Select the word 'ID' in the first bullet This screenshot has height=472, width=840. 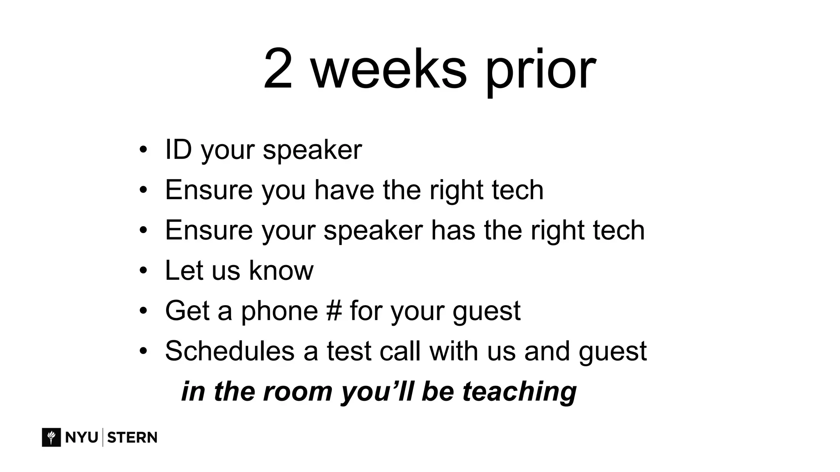(x=178, y=150)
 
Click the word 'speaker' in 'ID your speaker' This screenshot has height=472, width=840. (x=312, y=151)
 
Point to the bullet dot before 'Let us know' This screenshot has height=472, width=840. (x=143, y=270)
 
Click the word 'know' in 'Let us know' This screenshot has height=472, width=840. (x=281, y=270)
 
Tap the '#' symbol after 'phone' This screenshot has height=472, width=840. (x=334, y=311)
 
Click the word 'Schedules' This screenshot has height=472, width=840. (x=230, y=351)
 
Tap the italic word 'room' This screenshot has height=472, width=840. (x=297, y=391)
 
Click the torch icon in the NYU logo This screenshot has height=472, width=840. (x=51, y=437)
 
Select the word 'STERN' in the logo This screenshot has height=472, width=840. (x=132, y=437)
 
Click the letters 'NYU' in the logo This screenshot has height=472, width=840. (x=81, y=437)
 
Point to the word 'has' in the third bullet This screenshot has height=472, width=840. (x=453, y=230)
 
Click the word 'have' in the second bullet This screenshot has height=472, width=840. (x=344, y=190)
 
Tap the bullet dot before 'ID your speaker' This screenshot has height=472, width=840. (x=143, y=150)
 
